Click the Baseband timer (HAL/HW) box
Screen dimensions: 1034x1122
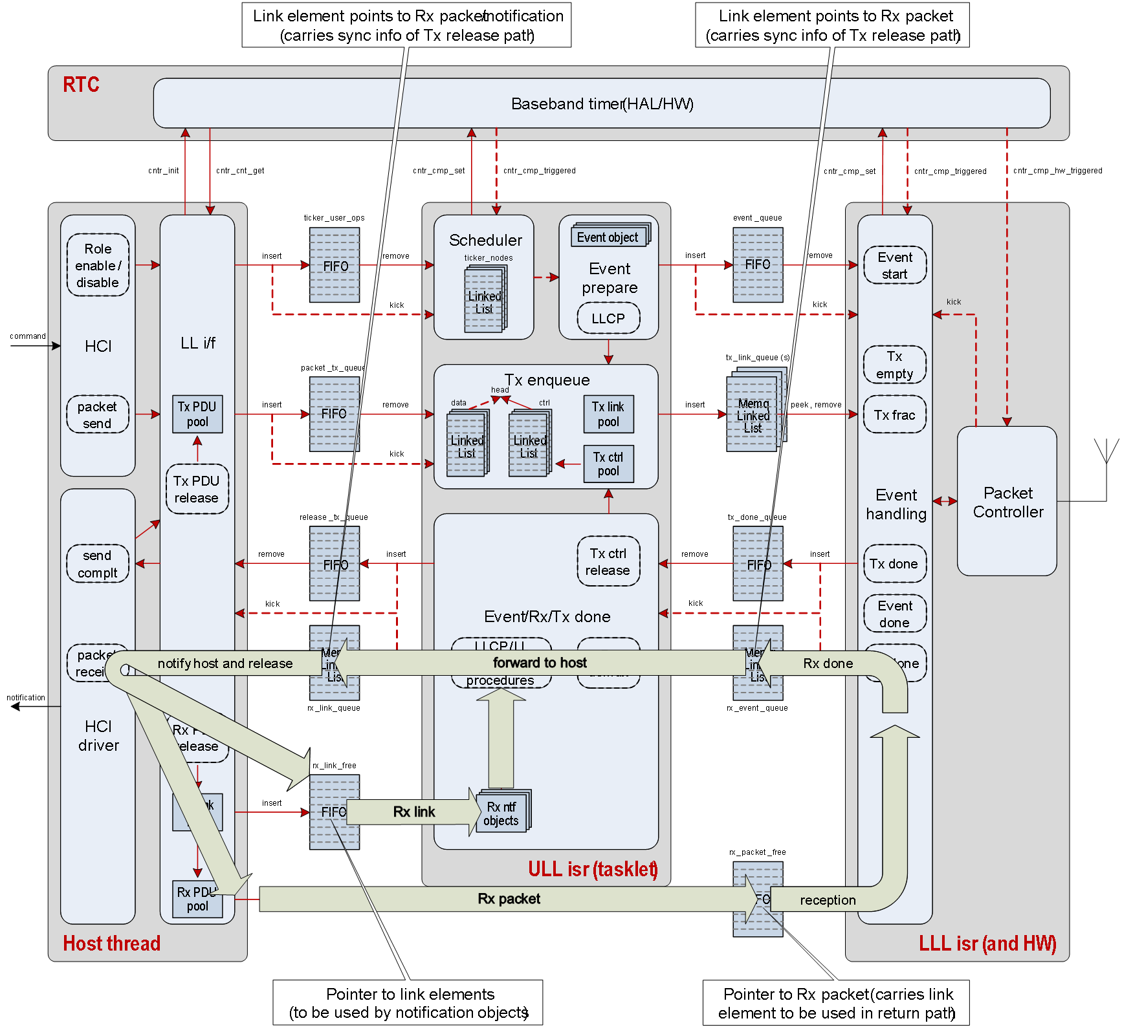tap(602, 103)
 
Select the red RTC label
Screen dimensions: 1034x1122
tap(81, 85)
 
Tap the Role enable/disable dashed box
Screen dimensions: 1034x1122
tap(98, 265)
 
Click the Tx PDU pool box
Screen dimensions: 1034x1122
tap(197, 414)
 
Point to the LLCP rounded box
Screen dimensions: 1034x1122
tap(608, 318)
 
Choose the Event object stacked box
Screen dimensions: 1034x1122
tap(608, 237)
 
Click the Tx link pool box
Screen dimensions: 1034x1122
tap(608, 414)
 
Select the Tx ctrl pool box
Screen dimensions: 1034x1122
tap(608, 464)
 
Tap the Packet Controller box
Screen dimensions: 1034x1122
tap(1007, 501)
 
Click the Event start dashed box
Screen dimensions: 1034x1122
tap(895, 265)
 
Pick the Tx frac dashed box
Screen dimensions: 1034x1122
tap(895, 415)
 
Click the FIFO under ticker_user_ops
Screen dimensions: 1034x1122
tap(335, 265)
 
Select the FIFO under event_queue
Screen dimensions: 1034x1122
tap(758, 264)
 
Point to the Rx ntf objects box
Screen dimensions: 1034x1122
tap(501, 813)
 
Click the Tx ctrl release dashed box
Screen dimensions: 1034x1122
tap(608, 561)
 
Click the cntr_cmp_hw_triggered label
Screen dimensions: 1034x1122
tap(1057, 171)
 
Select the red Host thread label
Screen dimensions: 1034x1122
tap(111, 943)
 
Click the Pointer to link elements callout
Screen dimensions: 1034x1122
tap(408, 1003)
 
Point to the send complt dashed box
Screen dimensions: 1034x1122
tap(98, 564)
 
